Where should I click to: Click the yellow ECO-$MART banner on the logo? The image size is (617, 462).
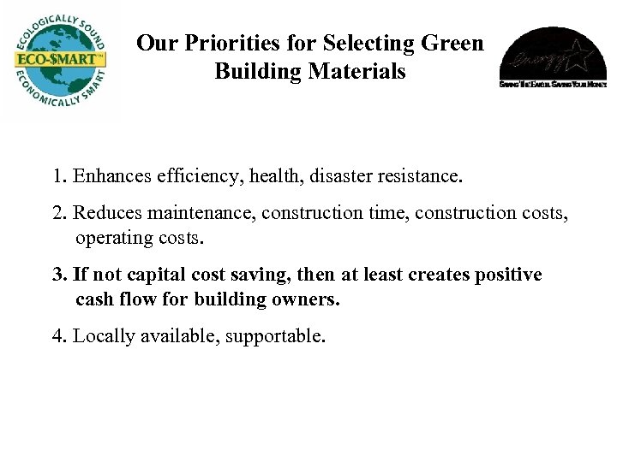point(57,61)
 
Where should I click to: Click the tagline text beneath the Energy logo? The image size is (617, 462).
point(553,85)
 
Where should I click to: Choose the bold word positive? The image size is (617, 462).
point(508,275)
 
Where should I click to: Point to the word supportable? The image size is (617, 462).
point(276,337)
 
